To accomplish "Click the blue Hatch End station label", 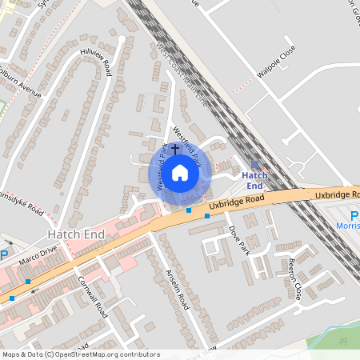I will pos(254,180).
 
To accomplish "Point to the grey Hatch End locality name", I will pos(76,233).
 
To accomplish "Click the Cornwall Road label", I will pos(92,297).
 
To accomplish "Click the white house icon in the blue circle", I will pos(181,172).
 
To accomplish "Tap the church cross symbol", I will pos(175,150).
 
